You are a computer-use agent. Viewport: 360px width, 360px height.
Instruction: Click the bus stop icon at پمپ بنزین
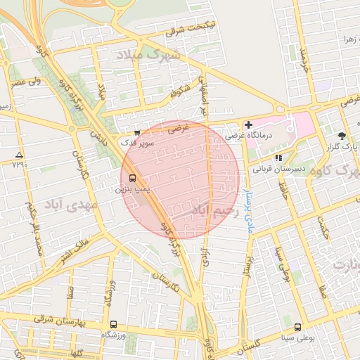pos(134,179)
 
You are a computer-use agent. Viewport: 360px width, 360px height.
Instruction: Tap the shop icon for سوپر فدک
pos(136,132)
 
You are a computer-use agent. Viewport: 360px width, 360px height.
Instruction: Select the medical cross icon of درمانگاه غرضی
pos(248,124)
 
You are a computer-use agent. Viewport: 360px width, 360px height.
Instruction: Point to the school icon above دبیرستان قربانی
pos(278,158)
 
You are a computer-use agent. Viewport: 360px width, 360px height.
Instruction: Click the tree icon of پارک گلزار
pos(342,135)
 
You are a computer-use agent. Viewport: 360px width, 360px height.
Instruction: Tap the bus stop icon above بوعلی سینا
pos(297,327)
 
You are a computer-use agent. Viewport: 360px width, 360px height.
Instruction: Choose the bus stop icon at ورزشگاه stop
pos(113,324)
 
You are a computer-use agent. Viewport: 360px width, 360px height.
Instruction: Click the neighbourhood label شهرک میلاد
pos(156,54)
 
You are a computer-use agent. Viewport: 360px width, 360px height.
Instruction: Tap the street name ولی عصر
pos(24,83)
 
